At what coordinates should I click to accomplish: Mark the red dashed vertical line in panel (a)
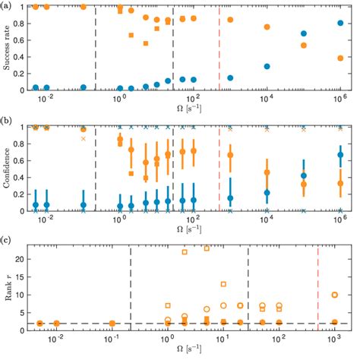(x=219, y=46)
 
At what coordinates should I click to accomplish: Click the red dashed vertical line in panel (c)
(x=317, y=289)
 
